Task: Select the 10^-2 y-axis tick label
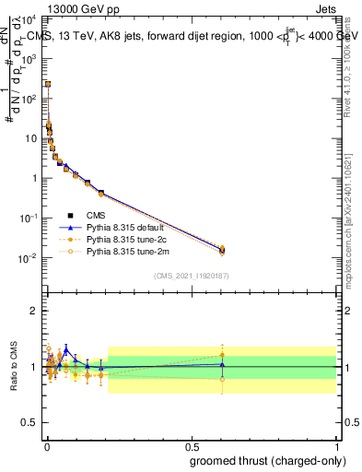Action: tap(31, 258)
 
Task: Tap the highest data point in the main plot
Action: tap(47, 84)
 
